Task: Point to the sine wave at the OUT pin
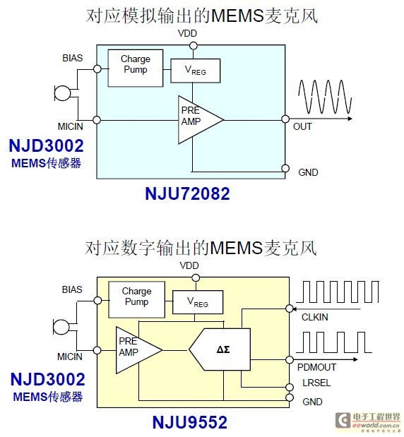[x=325, y=97]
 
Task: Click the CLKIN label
[x=315, y=317]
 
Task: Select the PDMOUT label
[x=316, y=367]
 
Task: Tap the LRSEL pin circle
[x=290, y=387]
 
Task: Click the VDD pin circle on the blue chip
[x=194, y=45]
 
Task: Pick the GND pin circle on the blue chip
[x=285, y=168]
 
